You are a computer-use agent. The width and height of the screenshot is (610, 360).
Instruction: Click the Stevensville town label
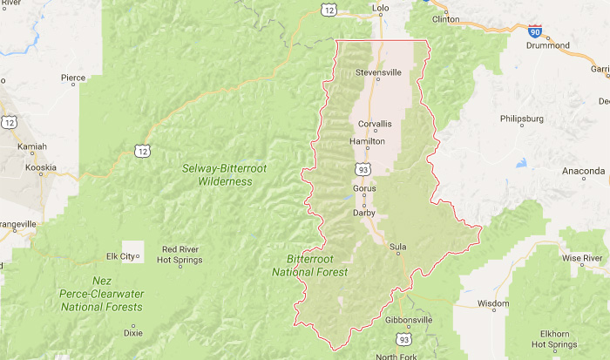point(378,71)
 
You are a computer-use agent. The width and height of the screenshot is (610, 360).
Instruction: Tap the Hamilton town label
point(366,140)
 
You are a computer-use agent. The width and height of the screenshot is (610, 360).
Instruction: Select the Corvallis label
point(374,124)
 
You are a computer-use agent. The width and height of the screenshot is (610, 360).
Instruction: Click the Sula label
point(398,247)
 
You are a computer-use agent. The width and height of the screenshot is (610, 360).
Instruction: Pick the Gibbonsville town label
point(408,320)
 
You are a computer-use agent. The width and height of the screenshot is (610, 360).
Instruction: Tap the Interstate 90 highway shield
point(535,32)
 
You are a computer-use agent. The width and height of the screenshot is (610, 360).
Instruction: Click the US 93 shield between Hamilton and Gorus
point(362,167)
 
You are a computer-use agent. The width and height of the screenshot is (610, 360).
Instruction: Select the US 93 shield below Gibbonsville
point(403,338)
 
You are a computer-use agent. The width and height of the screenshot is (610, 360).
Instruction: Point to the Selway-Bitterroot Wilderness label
point(217,174)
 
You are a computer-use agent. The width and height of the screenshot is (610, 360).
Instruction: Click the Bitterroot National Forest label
point(316,266)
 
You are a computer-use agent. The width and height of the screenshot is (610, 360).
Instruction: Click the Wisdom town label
point(492,303)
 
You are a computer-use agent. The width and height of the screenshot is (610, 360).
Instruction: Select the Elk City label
point(121,256)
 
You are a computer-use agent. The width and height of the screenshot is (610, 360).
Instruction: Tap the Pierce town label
point(73,78)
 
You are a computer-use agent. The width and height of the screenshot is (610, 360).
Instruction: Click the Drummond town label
point(548,44)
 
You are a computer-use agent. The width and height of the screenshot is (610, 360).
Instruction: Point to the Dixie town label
point(132,332)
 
